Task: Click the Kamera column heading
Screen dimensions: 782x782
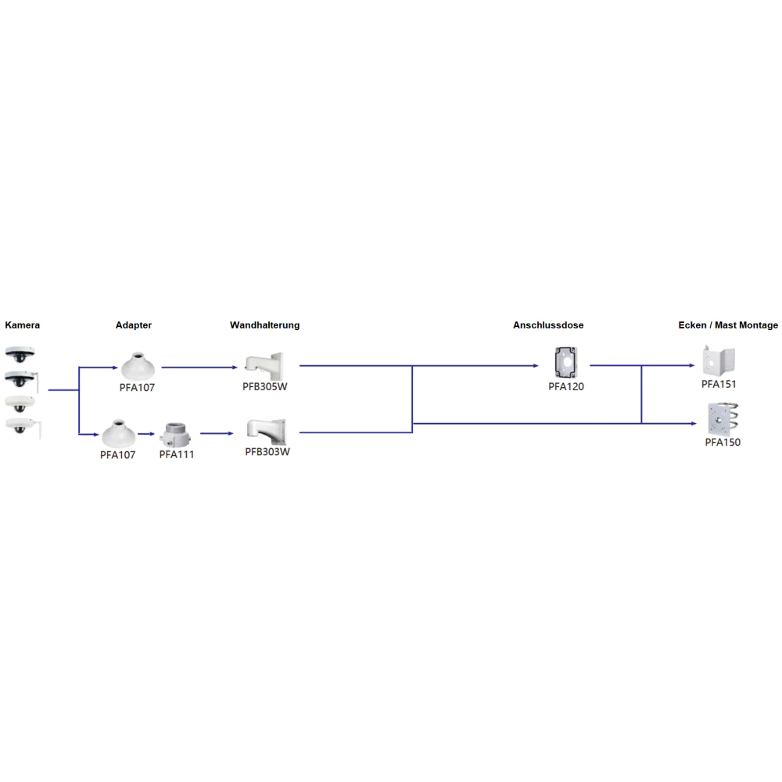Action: tap(22, 325)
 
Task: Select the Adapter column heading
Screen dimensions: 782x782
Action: tap(134, 325)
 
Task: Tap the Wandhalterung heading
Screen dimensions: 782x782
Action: tap(264, 325)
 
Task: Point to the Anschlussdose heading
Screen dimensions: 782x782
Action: tap(548, 325)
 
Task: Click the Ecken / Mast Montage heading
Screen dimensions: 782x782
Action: tap(728, 325)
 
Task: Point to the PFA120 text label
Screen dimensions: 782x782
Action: tap(565, 386)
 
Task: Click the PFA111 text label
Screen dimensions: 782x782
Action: tap(177, 454)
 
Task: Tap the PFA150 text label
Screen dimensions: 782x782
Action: tap(723, 442)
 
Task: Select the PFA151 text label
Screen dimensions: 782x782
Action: tap(719, 384)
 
